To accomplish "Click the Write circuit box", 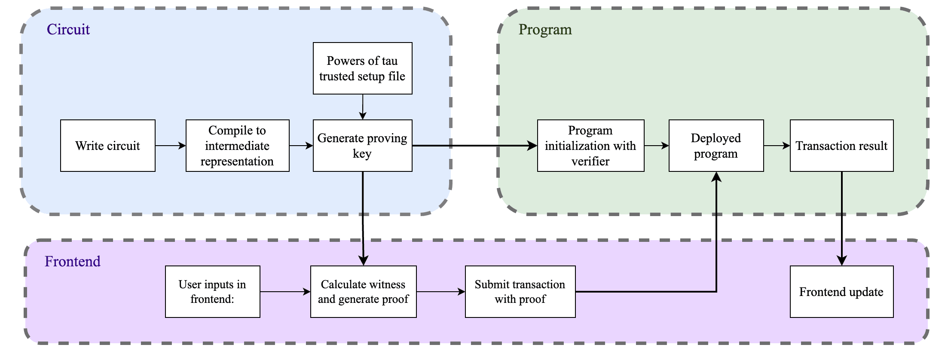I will (x=107, y=146).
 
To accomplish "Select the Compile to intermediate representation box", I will (x=237, y=146).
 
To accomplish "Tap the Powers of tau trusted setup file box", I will (x=362, y=68).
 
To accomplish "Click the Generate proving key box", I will (x=362, y=146).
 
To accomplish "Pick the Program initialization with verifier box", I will (x=590, y=146).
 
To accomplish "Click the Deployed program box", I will (x=716, y=146).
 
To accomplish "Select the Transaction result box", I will (x=841, y=146).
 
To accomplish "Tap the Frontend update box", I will (x=841, y=292).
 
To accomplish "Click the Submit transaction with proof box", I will (x=520, y=292).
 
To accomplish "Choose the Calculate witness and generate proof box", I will (x=363, y=292).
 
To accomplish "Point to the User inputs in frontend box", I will (x=212, y=292).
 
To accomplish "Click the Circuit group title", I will (x=68, y=29).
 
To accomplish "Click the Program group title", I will (x=545, y=29).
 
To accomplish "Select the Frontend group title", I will (x=73, y=261).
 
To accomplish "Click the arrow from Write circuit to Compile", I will (x=170, y=146).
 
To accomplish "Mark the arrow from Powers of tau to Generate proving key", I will (x=363, y=107).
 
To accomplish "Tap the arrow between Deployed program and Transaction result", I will (x=777, y=146).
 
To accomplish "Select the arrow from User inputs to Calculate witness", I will (x=285, y=292).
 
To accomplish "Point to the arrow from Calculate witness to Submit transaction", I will (x=440, y=292).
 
